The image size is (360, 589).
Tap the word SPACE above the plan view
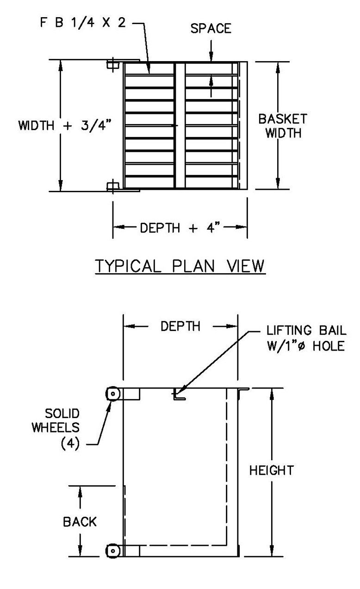[x=211, y=29]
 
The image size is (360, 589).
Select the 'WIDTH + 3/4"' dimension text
[x=65, y=125]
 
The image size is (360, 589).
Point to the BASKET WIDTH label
[x=282, y=126]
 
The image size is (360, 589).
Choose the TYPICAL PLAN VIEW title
[x=180, y=266]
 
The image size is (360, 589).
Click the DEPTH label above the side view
[x=180, y=326]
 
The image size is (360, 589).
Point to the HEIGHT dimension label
[x=271, y=471]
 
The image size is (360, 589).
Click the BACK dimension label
[x=80, y=522]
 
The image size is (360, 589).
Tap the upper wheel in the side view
[x=112, y=394]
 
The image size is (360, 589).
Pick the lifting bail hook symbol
[x=178, y=396]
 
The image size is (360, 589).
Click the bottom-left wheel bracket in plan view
[x=112, y=187]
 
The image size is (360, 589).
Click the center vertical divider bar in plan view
[x=180, y=125]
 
